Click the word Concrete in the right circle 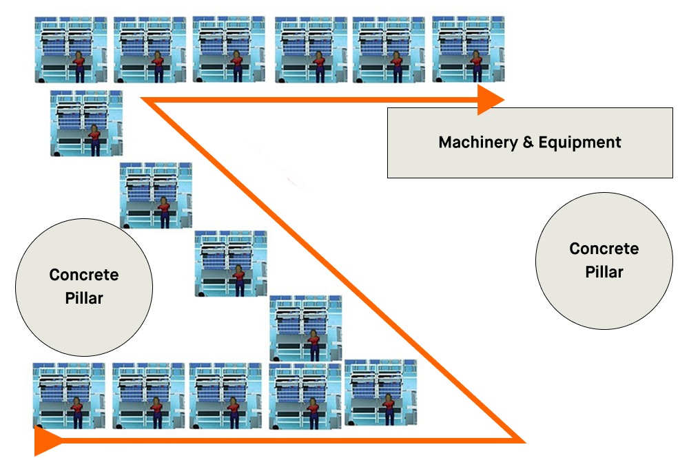click(x=604, y=249)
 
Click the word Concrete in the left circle click(x=83, y=275)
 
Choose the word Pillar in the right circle click(x=604, y=272)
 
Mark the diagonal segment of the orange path click(x=331, y=269)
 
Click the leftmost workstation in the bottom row click(x=68, y=395)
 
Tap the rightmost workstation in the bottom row click(x=380, y=391)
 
